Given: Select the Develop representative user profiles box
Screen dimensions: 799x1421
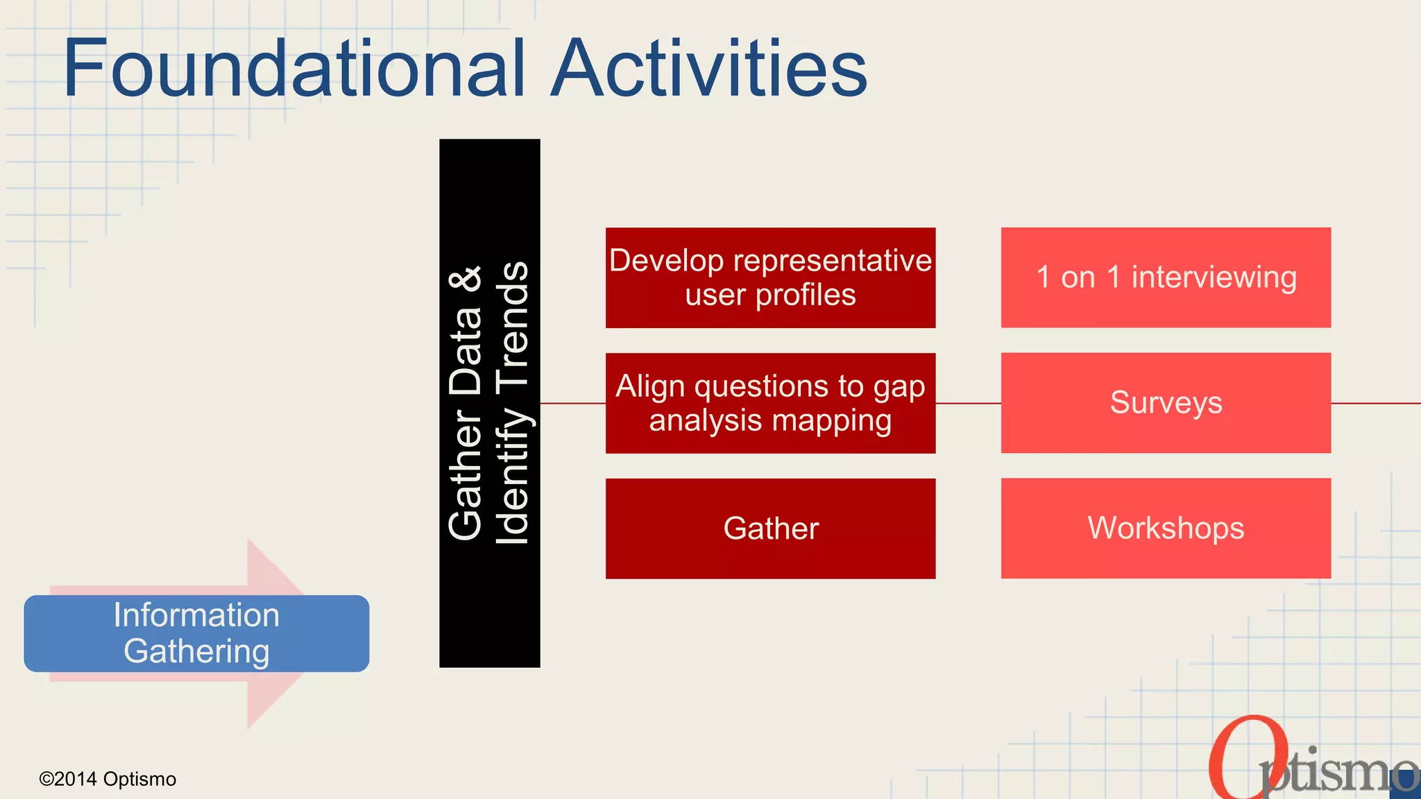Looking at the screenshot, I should click(x=770, y=277).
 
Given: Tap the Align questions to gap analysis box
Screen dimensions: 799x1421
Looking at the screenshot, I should click(x=770, y=403).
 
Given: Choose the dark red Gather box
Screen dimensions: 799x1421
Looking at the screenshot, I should click(x=770, y=529).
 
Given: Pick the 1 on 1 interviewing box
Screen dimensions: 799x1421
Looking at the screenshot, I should click(x=1166, y=277).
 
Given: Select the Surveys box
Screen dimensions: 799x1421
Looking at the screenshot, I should click(x=1166, y=403).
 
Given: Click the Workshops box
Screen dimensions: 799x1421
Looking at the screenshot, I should click(x=1166, y=529).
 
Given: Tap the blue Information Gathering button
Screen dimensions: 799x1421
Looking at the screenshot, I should click(x=196, y=633).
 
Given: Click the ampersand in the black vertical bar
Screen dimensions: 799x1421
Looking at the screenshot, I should click(x=466, y=279).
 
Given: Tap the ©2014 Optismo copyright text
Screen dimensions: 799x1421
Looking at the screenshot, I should click(x=108, y=779).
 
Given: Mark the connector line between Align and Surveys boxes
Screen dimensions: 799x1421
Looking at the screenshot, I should click(x=968, y=403).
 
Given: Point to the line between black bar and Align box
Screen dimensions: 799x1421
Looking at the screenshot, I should click(x=572, y=403).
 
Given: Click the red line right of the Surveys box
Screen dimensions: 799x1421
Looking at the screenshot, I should click(x=1375, y=403).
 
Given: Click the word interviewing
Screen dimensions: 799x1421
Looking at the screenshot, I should click(x=1214, y=277).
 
